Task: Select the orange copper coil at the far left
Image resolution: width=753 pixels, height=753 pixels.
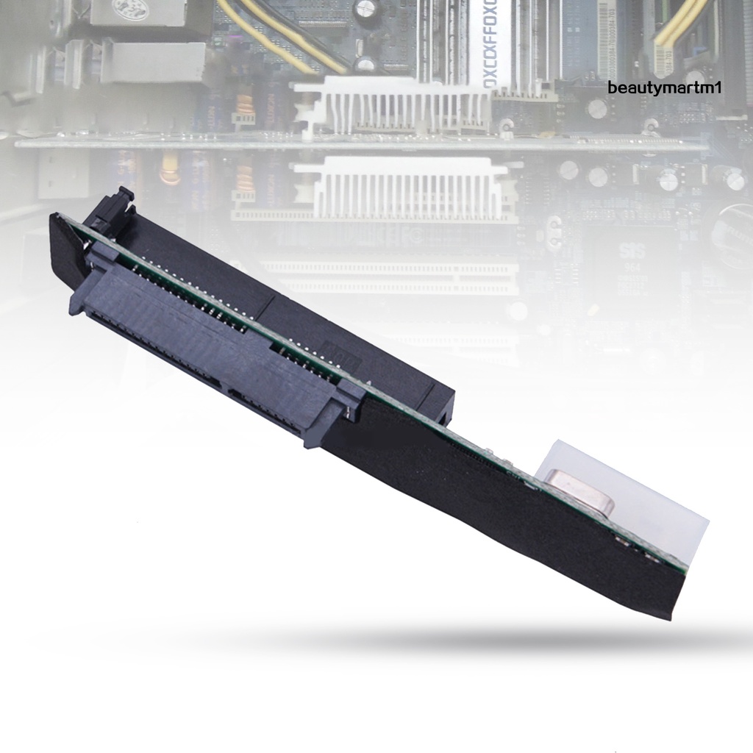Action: coord(171,169)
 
